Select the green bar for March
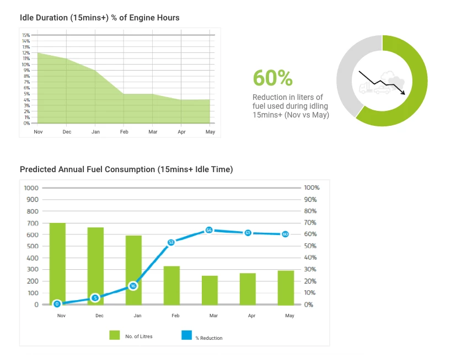[209, 290]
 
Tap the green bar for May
[286, 287]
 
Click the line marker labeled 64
[209, 229]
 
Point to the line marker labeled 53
[171, 242]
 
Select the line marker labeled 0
[57, 304]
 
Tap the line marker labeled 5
[95, 298]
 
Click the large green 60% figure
[272, 78]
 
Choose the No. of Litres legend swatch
[115, 335]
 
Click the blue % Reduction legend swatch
[186, 335]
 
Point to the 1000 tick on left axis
[31, 188]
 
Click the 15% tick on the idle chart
[26, 35]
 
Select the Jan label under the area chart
[95, 132]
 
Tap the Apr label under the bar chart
[251, 316]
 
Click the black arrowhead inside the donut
[404, 93]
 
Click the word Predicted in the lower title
[39, 169]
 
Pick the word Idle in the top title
[28, 18]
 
